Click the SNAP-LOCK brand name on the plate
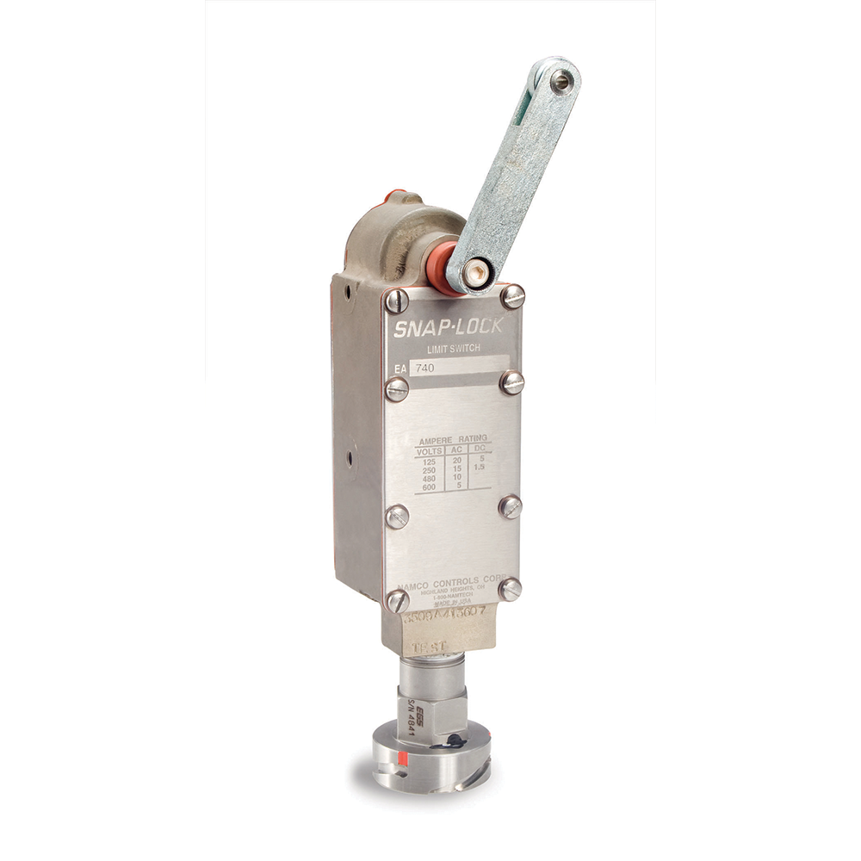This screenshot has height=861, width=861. (453, 326)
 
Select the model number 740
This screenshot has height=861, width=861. (424, 367)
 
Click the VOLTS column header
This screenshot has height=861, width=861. (428, 451)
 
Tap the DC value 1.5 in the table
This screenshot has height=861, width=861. (480, 468)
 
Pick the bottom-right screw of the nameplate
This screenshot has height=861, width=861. (511, 589)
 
